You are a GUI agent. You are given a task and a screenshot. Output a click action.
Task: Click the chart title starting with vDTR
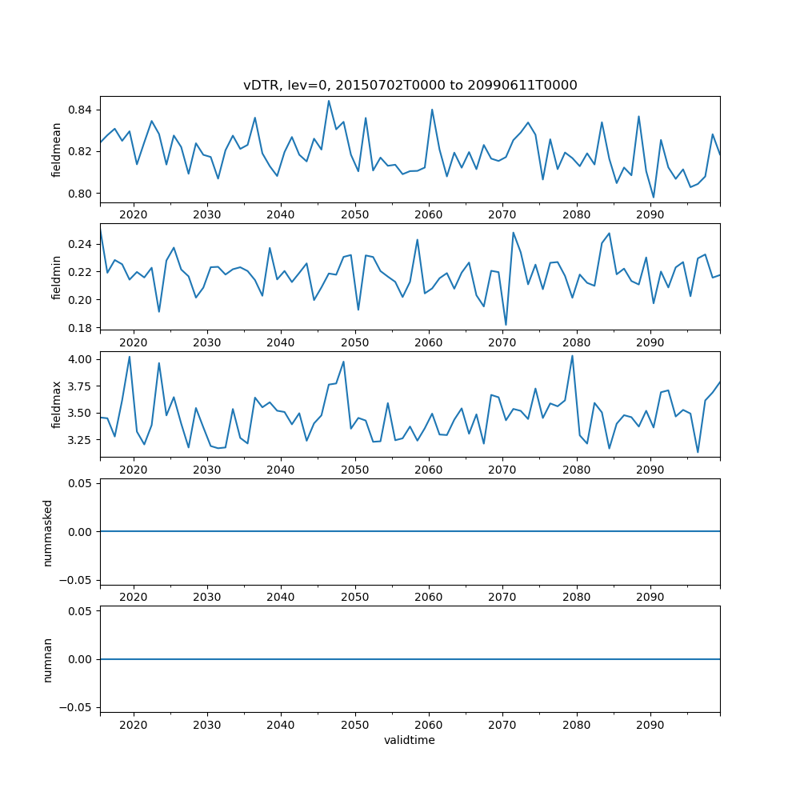coord(410,85)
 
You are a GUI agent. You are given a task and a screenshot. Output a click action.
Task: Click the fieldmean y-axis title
coord(56,150)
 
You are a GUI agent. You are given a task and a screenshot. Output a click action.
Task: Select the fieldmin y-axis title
coord(56,277)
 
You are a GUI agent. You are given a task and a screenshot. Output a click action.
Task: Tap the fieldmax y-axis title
coord(56,404)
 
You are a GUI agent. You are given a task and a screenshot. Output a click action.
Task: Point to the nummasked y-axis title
coord(47,531)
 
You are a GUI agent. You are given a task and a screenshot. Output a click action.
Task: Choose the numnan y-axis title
coord(47,659)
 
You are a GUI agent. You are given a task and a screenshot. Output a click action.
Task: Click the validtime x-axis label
coord(410,741)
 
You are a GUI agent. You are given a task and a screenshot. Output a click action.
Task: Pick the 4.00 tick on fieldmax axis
coord(80,359)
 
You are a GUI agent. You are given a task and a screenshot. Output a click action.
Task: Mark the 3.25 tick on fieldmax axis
coord(80,440)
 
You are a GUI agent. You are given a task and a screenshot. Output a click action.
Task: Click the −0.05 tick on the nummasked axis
coord(77,579)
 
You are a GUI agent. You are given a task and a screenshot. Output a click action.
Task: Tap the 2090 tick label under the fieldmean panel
coord(650,214)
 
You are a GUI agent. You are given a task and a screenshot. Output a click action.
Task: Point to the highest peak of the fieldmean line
coord(329,100)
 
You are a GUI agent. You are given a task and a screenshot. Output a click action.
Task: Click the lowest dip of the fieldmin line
coord(506,325)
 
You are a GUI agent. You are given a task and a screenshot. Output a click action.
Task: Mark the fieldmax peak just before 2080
coord(572,355)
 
